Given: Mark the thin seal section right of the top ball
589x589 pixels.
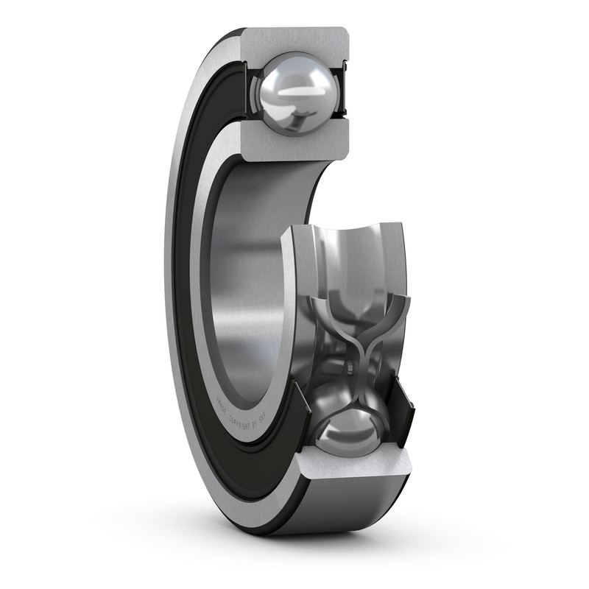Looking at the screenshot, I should click(x=341, y=92).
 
